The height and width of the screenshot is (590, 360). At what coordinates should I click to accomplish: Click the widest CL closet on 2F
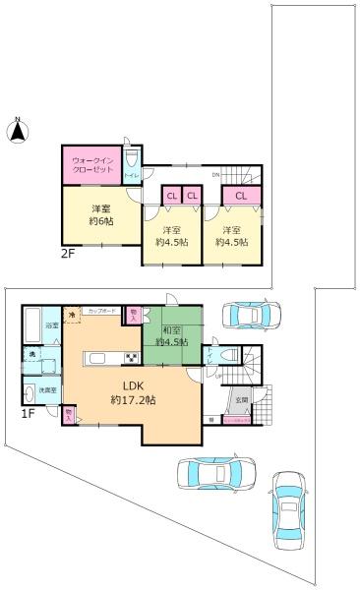[x=240, y=196]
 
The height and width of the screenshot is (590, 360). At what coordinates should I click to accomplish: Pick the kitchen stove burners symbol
[x=129, y=357]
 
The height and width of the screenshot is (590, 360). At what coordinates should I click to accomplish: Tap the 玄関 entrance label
[x=241, y=398]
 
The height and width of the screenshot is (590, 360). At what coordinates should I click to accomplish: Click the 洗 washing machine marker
[x=31, y=353]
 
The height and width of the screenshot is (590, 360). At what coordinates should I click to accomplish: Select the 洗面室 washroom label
[x=45, y=390]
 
